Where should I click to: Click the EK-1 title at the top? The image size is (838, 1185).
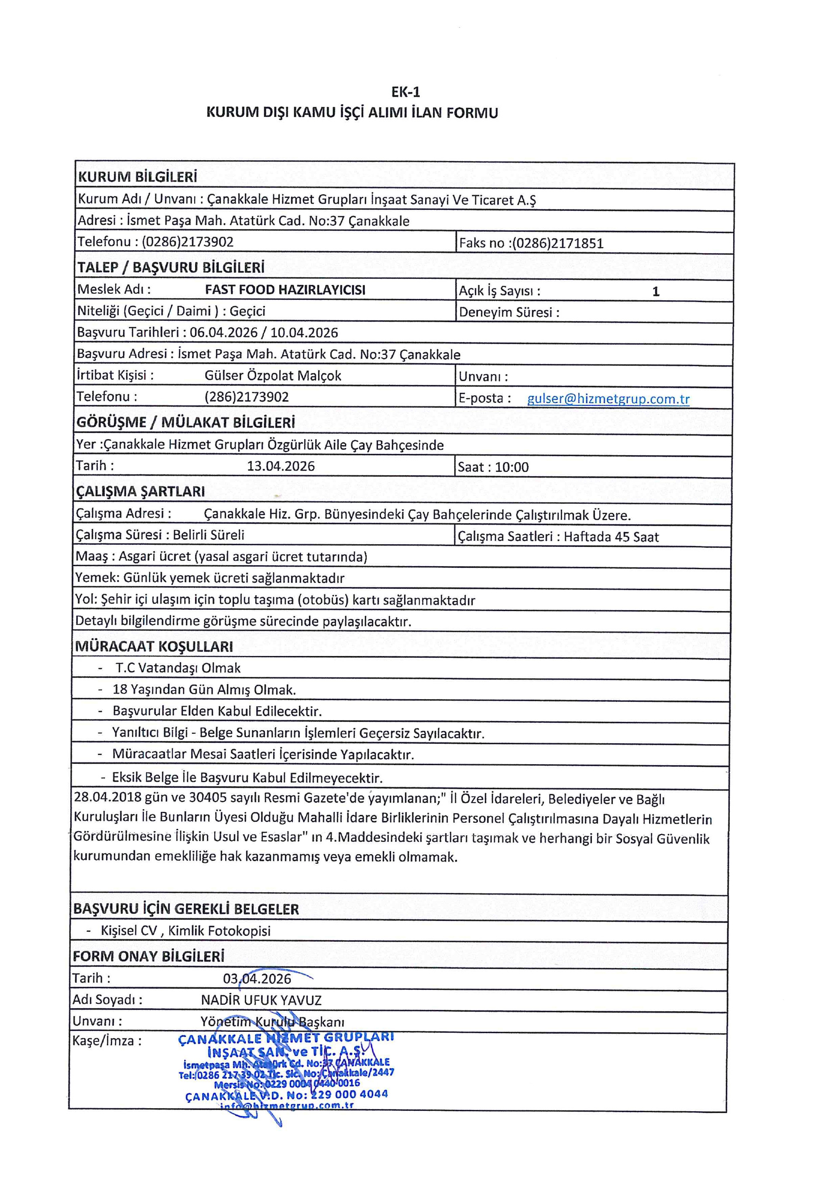(x=405, y=92)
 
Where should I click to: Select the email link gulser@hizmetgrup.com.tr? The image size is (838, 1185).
(x=608, y=399)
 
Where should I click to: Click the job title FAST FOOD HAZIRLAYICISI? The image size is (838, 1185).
(x=285, y=289)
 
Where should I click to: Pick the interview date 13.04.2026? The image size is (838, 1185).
(x=281, y=466)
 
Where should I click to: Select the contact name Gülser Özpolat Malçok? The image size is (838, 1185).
(x=272, y=375)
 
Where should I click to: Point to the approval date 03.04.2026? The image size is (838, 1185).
(x=257, y=979)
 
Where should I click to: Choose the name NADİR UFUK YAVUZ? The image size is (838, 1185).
(x=261, y=1000)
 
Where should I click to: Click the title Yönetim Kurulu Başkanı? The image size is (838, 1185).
(x=272, y=1022)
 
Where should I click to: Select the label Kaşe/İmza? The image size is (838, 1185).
(x=107, y=1041)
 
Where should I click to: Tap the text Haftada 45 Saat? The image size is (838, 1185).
(x=611, y=537)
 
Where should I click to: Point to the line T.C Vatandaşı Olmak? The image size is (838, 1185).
(x=178, y=668)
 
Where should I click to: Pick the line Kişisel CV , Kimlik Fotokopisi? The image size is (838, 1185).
(x=185, y=931)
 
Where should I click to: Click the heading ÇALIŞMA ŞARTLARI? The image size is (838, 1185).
(x=141, y=491)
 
